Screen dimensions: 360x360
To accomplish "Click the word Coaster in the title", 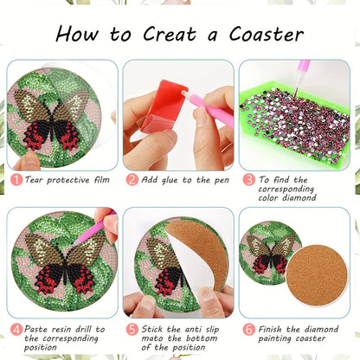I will point(266,34).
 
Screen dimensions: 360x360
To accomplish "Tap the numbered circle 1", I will point(16,180).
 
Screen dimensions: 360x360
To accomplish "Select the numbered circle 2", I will point(132,180).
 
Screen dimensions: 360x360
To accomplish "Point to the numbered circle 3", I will point(248,180).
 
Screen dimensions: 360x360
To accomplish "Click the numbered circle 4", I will point(16,328).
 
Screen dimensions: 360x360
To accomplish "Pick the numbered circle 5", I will point(132,328).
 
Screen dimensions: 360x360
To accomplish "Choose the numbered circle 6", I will point(248,328).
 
